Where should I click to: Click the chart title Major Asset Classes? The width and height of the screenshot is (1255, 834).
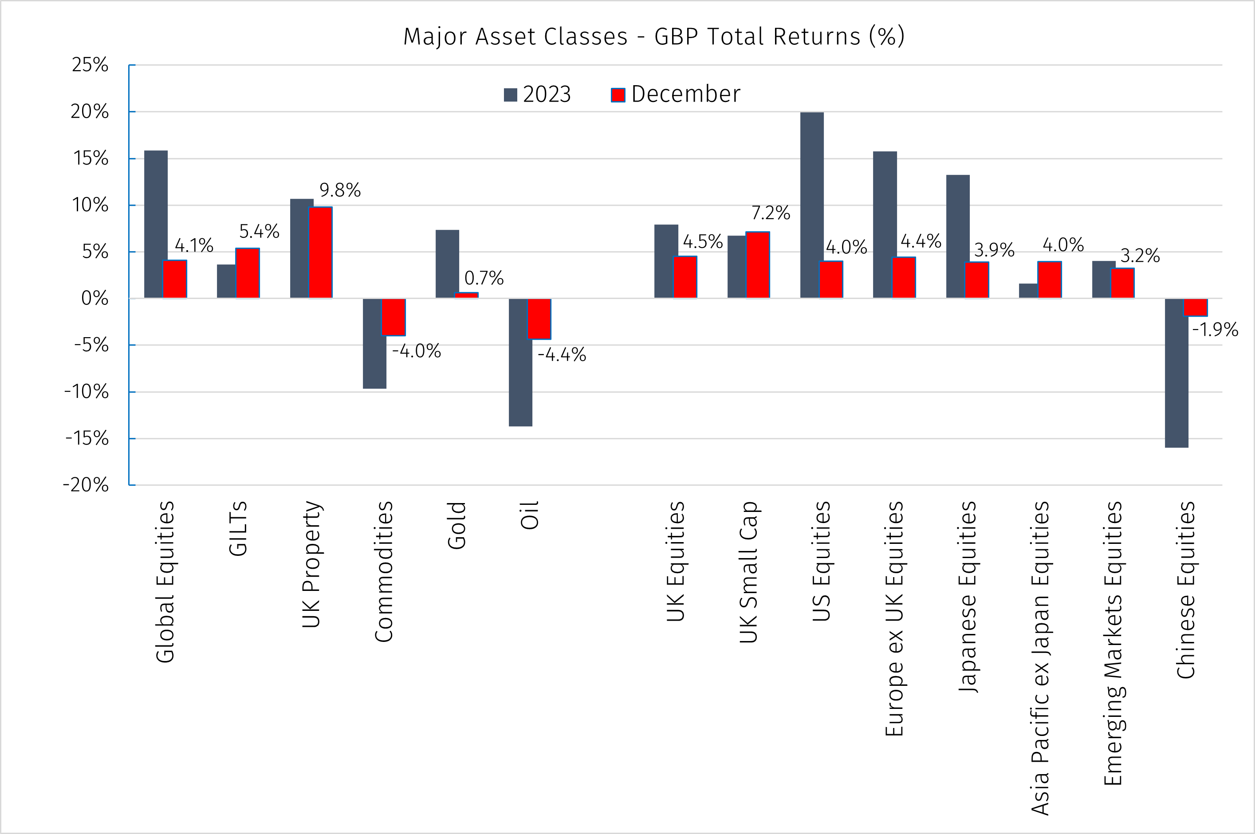pyautogui.click(x=653, y=37)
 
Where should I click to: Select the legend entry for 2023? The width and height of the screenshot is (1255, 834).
pyautogui.click(x=537, y=94)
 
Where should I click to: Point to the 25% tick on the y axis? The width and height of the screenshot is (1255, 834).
pyautogui.click(x=90, y=65)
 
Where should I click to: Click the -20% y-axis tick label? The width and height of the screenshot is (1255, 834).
pyautogui.click(x=86, y=484)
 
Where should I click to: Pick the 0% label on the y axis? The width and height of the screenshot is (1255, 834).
pyautogui.click(x=94, y=299)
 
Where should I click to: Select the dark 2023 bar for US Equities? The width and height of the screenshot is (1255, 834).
pyautogui.click(x=811, y=205)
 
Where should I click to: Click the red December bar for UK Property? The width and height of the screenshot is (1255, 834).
pyautogui.click(x=321, y=253)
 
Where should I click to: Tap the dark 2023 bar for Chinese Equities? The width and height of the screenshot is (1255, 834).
pyautogui.click(x=1176, y=372)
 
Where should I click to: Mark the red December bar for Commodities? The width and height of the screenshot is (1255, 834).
pyautogui.click(x=393, y=317)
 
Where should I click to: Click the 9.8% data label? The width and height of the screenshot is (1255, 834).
pyautogui.click(x=340, y=190)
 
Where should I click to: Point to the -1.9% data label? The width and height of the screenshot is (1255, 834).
pyautogui.click(x=1215, y=330)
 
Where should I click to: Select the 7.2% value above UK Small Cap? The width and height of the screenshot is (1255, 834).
pyautogui.click(x=771, y=213)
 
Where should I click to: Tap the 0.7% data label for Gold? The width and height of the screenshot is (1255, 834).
pyautogui.click(x=484, y=278)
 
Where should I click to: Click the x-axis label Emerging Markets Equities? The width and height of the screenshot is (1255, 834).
pyautogui.click(x=1113, y=643)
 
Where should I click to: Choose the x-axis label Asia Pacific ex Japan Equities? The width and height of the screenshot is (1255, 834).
pyautogui.click(x=1040, y=658)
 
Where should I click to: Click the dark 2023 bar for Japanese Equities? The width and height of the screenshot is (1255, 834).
pyautogui.click(x=958, y=237)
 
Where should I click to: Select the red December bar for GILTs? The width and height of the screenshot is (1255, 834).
pyautogui.click(x=248, y=273)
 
